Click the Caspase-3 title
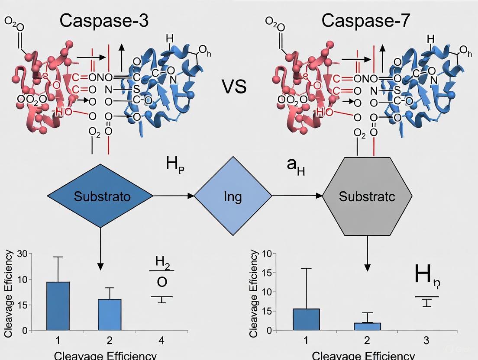click(x=104, y=20)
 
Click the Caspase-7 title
click(x=365, y=20)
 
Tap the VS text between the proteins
click(x=234, y=87)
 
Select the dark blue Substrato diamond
click(x=100, y=196)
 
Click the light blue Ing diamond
click(x=233, y=196)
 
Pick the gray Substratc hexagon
click(x=367, y=196)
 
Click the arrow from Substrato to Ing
click(x=174, y=196)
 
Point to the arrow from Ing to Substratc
click(x=297, y=196)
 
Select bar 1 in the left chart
click(x=58, y=306)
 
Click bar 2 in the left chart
click(x=110, y=315)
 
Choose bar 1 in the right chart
click(x=306, y=319)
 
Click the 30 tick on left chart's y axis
click(x=22, y=254)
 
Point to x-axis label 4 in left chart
click(x=161, y=341)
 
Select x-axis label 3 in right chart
click(x=426, y=341)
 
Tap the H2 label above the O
click(x=162, y=262)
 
